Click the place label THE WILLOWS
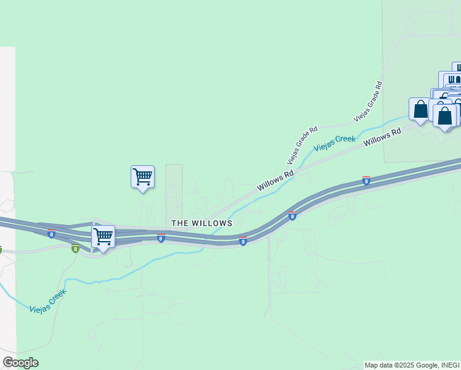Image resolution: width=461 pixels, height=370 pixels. tap(202, 223)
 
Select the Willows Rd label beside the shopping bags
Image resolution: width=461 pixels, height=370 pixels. tap(382, 136)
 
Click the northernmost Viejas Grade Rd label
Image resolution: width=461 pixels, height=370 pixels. tap(369, 100)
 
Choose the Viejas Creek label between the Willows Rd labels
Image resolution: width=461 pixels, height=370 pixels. tap(335, 143)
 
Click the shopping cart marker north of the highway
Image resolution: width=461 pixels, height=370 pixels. tap(142, 177)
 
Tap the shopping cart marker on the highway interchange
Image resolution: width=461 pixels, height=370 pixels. tap(103, 236)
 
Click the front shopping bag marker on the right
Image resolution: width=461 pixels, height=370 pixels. tap(444, 116)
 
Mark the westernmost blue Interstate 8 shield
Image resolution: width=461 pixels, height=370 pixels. tap(51, 234)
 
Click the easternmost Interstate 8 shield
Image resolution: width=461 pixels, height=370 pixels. tap(366, 180)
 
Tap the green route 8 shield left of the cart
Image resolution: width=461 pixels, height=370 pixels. tap(75, 249)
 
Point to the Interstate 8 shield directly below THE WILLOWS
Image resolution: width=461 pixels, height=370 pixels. tap(160, 238)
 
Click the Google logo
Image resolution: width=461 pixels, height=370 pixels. tap(20, 363)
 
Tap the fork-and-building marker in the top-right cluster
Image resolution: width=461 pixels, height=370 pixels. tap(452, 80)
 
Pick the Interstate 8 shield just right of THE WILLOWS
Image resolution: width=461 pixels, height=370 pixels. tap(243, 241)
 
